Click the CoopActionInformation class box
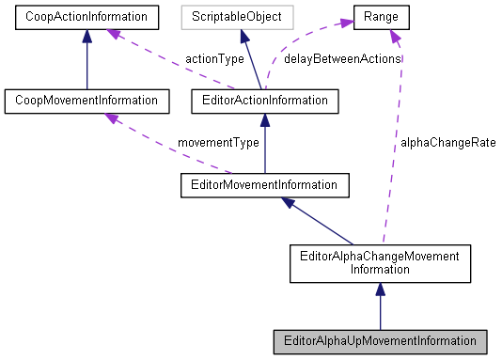pyautogui.click(x=86, y=16)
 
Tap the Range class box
pyautogui.click(x=387, y=16)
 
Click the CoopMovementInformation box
pyautogui.click(x=86, y=99)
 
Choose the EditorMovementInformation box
pyautogui.click(x=265, y=184)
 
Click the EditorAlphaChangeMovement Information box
pyautogui.click(x=378, y=262)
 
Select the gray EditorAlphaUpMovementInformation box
pyautogui.click(x=379, y=341)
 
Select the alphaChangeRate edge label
pyautogui.click(x=447, y=143)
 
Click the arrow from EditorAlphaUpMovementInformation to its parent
pyautogui.click(x=378, y=305)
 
